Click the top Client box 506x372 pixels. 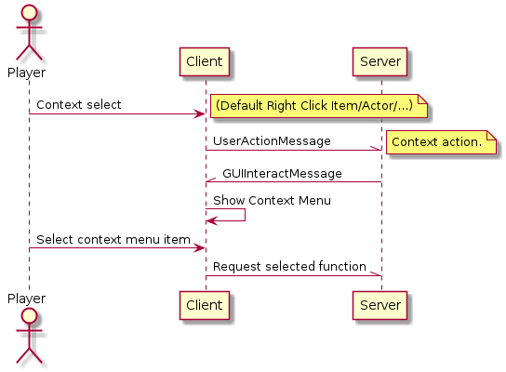pos(205,61)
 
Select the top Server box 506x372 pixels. pos(379,61)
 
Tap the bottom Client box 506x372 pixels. pos(205,305)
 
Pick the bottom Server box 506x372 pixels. pos(379,305)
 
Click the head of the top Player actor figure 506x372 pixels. pos(29,13)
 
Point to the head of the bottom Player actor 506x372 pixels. pos(29,316)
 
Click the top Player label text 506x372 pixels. pos(26,73)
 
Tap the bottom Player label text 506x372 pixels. pos(26,299)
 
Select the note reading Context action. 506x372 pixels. pos(441,142)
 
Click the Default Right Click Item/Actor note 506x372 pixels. pos(319,106)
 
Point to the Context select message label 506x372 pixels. pos(79,105)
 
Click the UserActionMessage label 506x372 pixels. pos(272,141)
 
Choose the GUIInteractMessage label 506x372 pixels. pos(282,174)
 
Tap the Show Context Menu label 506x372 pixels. pos(272,200)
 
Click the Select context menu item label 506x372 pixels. pos(113,240)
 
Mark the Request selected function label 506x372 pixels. pos(289,267)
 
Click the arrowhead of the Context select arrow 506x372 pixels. pos(199,113)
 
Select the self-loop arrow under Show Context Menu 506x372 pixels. pos(245,215)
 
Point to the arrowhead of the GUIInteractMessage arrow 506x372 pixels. pos(211,179)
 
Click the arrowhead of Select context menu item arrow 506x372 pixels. pos(199,248)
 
